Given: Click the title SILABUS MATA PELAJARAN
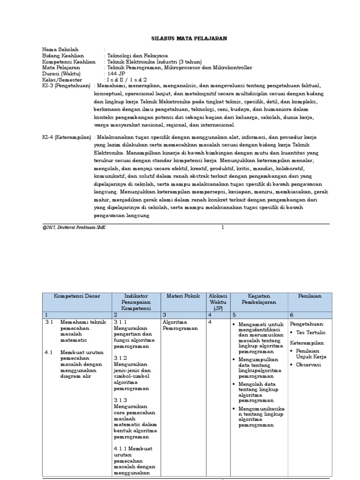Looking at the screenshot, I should [x=183, y=39].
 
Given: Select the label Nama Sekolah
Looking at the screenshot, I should [x=60, y=49].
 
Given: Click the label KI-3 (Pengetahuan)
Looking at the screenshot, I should [x=67, y=86].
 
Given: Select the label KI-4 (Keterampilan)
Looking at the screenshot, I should [x=67, y=137].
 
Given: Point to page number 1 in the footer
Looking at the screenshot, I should [x=223, y=227].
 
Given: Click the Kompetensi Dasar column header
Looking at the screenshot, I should [x=76, y=296].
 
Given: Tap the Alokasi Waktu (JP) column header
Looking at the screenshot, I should [x=218, y=302].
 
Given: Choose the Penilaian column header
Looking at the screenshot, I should [x=310, y=296].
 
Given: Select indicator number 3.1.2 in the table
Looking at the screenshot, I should [x=121, y=358].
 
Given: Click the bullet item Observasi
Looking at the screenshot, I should [x=309, y=365].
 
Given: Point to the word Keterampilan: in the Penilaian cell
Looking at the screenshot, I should [x=307, y=343].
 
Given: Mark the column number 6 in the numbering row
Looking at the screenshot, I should [x=292, y=315].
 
